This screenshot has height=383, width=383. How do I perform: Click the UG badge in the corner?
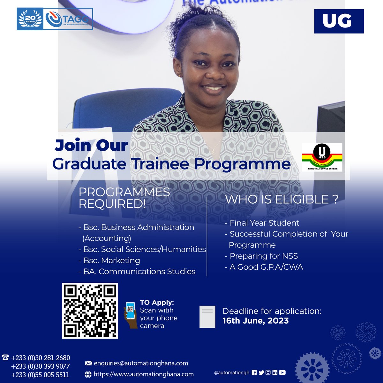[339, 21]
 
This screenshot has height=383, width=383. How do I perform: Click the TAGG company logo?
[68, 19]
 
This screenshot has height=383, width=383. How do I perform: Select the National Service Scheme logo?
[322, 157]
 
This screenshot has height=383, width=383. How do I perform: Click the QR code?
[90, 311]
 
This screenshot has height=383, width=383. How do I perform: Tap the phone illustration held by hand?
[130, 311]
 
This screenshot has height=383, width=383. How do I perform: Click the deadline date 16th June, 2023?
[255, 321]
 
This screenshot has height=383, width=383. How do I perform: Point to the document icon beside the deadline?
[207, 317]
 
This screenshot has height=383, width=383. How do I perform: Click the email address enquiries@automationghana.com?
[141, 363]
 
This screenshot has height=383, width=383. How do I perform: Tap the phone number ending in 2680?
[40, 358]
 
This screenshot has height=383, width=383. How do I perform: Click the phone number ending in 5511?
[40, 375]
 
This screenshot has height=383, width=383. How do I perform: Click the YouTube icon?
[282, 372]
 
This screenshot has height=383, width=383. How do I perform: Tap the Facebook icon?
[254, 372]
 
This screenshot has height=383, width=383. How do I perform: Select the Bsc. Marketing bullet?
[109, 260]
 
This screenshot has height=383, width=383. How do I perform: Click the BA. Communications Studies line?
[137, 272]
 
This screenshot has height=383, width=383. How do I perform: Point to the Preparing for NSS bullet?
[262, 256]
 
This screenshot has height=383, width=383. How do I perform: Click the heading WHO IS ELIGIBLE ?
[281, 199]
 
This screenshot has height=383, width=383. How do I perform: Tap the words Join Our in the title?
[91, 145]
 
